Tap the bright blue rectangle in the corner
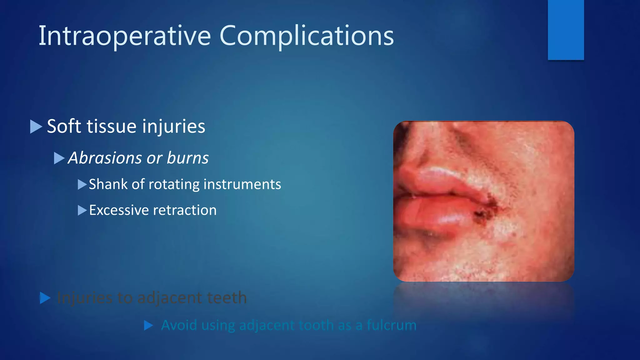pos(566,30)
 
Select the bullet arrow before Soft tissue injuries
pos(36,127)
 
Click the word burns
pos(187,158)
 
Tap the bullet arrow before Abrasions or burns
pos(59,158)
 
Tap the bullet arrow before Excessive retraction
pos(82,210)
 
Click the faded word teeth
pos(227,297)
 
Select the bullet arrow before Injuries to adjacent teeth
pos(45,298)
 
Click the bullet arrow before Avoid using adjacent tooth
pos(148,326)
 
